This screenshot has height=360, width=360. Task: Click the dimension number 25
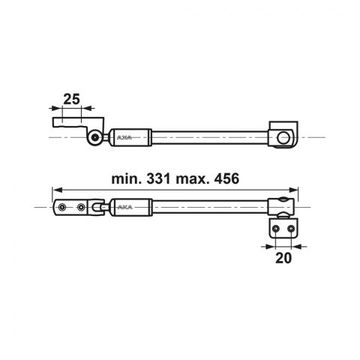pos(71,99)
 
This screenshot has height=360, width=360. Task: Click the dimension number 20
pos(283,258)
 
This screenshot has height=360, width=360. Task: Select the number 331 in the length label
pos(158,178)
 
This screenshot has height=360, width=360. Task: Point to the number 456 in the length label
pos(226,178)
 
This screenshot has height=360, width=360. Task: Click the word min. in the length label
pos(127,179)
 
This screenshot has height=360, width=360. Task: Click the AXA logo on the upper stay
pos(124,137)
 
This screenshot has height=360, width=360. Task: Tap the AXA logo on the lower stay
pos(124,207)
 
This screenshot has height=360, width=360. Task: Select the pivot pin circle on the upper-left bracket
pos(94,137)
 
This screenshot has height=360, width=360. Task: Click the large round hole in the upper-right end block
pos(283,138)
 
